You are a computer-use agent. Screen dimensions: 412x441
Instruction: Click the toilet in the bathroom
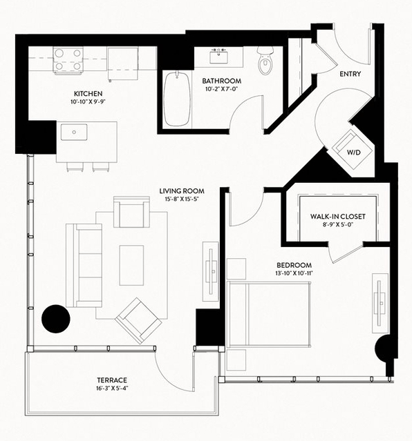pyautogui.click(x=265, y=61)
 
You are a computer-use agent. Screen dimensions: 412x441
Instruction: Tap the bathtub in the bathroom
pyautogui.click(x=177, y=99)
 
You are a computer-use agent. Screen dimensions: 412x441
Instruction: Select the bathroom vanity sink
pyautogui.click(x=218, y=57)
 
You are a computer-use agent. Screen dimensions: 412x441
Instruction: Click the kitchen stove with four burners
pyautogui.click(x=68, y=61)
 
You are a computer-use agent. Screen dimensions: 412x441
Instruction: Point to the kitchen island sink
pyautogui.click(x=74, y=132)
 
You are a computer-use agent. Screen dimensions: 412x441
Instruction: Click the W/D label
pyautogui.click(x=354, y=153)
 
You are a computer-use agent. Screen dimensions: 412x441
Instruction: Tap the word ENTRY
pyautogui.click(x=350, y=74)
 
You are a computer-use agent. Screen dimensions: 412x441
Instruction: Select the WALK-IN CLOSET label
pyautogui.click(x=337, y=217)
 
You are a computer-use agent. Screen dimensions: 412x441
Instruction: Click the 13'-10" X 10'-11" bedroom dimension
pyautogui.click(x=294, y=273)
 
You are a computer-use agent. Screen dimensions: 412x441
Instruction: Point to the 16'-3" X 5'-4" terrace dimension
pyautogui.click(x=112, y=389)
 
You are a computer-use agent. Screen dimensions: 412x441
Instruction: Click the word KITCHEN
pyautogui.click(x=88, y=94)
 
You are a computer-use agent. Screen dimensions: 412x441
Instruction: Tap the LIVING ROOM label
pyautogui.click(x=182, y=191)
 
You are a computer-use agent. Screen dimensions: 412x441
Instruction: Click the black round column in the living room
pyautogui.click(x=56, y=319)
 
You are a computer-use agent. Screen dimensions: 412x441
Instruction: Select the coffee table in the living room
pyautogui.click(x=131, y=265)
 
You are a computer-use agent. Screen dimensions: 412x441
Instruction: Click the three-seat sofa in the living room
pyautogui.click(x=84, y=265)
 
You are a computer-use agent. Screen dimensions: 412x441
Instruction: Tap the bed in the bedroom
pyautogui.click(x=269, y=314)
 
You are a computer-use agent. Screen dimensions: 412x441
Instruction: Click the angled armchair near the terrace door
pyautogui.click(x=138, y=321)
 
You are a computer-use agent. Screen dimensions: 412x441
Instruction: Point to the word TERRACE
pyautogui.click(x=112, y=380)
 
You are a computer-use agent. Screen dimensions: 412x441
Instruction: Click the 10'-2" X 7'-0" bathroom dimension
pyautogui.click(x=221, y=89)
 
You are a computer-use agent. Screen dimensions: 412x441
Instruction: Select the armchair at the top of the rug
pyautogui.click(x=131, y=212)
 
